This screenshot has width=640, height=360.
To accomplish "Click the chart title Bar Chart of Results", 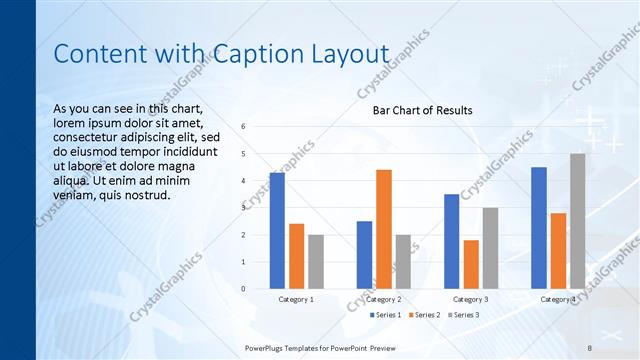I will (422, 110).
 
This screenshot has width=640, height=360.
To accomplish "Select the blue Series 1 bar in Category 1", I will (277, 230).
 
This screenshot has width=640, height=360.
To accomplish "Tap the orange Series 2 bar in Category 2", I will (384, 229).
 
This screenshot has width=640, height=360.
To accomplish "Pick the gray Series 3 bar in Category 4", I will (578, 221).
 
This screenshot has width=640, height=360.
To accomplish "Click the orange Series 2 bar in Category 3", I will (471, 264).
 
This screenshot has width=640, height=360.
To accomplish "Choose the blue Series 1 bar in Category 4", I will (539, 228).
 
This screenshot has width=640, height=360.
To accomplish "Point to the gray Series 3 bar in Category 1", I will (316, 261).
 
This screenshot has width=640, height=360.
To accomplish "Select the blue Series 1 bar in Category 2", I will (364, 254).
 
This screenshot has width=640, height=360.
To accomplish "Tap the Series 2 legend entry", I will (425, 315).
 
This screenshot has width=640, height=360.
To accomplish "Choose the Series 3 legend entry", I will (462, 315).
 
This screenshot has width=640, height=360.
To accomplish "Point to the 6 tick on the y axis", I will (244, 127).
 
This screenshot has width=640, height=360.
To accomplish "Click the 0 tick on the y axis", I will (244, 289).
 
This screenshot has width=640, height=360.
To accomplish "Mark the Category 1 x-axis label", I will (296, 299).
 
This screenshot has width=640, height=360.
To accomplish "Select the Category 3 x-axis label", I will (471, 299).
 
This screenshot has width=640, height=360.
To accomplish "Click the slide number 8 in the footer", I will (590, 347).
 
